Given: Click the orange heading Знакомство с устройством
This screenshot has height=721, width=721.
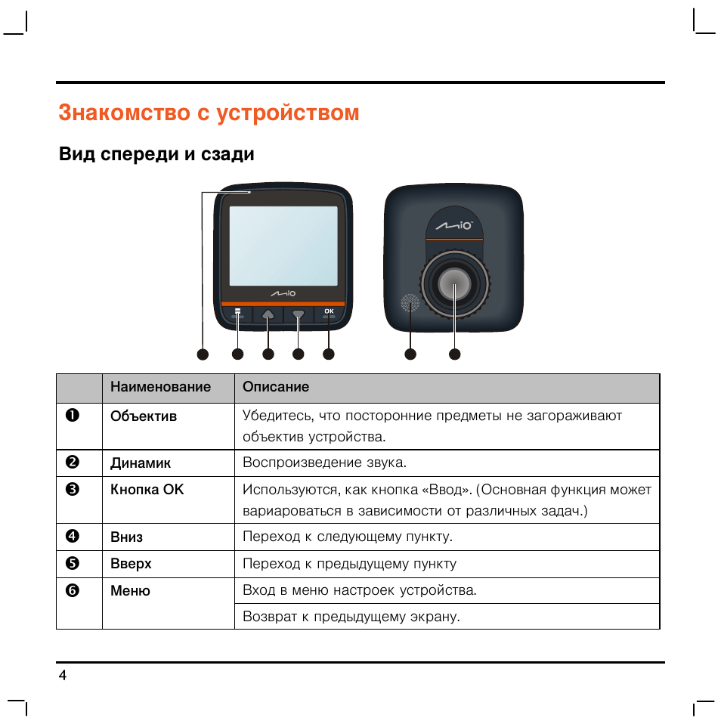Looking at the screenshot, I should tap(209, 113).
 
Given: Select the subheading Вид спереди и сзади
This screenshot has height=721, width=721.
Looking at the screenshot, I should tap(156, 155).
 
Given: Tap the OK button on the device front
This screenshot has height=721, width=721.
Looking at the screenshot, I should tap(328, 313).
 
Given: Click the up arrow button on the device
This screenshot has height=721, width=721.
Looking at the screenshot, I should tap(268, 314).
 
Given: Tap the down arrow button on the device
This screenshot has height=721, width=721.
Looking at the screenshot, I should tap(298, 314).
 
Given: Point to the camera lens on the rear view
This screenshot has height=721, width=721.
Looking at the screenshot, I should tap(454, 285).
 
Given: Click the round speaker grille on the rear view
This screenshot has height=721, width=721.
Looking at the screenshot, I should tap(410, 304).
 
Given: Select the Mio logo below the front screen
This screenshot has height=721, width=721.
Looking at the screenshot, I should tap(283, 292).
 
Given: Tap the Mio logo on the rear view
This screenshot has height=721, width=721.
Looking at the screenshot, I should tap(455, 225).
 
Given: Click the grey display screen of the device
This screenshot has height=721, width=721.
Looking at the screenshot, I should tap(283, 246).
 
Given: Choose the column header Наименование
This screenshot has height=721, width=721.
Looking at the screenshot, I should tap(160, 387).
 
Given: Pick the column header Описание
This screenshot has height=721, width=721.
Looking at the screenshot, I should tap(276, 387).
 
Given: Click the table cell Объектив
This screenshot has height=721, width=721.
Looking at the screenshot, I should tap(144, 416).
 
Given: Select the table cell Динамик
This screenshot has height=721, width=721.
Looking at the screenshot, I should tap(141, 463).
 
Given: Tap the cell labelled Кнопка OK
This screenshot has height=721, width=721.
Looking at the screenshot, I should tap(147, 490).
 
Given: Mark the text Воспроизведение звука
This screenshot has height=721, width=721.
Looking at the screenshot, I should tap(324, 463).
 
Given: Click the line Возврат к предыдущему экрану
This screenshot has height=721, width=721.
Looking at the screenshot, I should tap(351, 617).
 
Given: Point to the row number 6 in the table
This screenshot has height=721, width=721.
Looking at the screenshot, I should tap(72, 591).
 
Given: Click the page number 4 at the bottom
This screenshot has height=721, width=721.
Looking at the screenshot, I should tap(63, 676).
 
